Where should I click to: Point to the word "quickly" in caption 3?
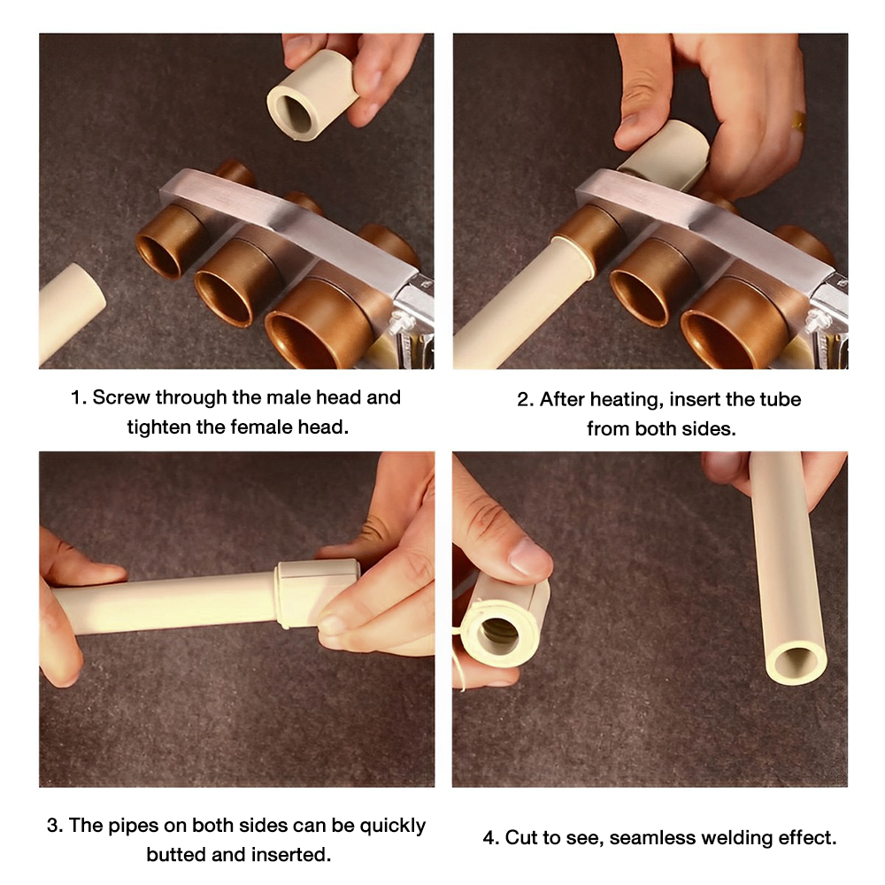point(393,827)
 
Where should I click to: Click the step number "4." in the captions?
point(491,837)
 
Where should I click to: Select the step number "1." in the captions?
point(79,397)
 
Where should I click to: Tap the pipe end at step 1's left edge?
point(71,314)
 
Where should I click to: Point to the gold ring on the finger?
point(797,120)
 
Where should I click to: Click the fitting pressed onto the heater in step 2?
point(665,156)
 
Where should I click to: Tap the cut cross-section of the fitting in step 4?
point(497,635)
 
